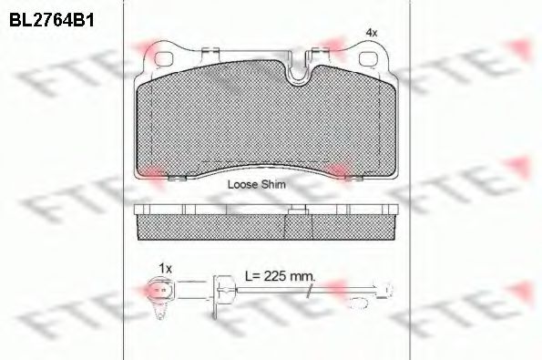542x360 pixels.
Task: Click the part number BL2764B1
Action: pyautogui.click(x=52, y=20)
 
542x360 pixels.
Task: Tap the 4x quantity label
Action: pyautogui.click(x=372, y=33)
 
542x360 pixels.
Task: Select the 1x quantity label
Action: pyautogui.click(x=165, y=268)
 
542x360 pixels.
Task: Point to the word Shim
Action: pyautogui.click(x=273, y=184)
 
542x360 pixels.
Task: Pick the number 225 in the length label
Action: pyautogui.click(x=275, y=275)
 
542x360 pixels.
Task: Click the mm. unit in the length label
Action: pyautogui.click(x=302, y=276)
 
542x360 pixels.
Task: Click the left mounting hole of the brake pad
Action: pyautogui.click(x=164, y=59)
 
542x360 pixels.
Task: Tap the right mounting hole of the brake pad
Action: pyautogui.click(x=369, y=59)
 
